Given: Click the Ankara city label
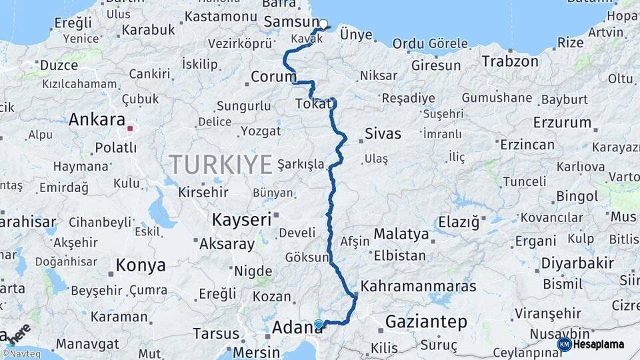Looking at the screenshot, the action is [97, 121].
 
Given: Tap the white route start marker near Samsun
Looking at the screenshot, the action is [323, 25].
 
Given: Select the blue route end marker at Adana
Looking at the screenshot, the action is [319, 325].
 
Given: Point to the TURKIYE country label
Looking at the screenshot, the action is [221, 163].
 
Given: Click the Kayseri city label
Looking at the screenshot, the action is [241, 219].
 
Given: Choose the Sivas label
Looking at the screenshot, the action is [383, 133].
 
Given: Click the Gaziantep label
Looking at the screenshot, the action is [426, 323].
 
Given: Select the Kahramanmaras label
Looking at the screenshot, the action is [418, 286].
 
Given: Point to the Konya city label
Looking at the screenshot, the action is [141, 265].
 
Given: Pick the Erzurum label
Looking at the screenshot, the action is [562, 123].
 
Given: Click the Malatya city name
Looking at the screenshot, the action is [401, 234].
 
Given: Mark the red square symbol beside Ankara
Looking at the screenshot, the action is [131, 128].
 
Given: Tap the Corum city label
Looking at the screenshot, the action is [273, 77].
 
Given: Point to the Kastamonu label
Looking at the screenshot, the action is [221, 16].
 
